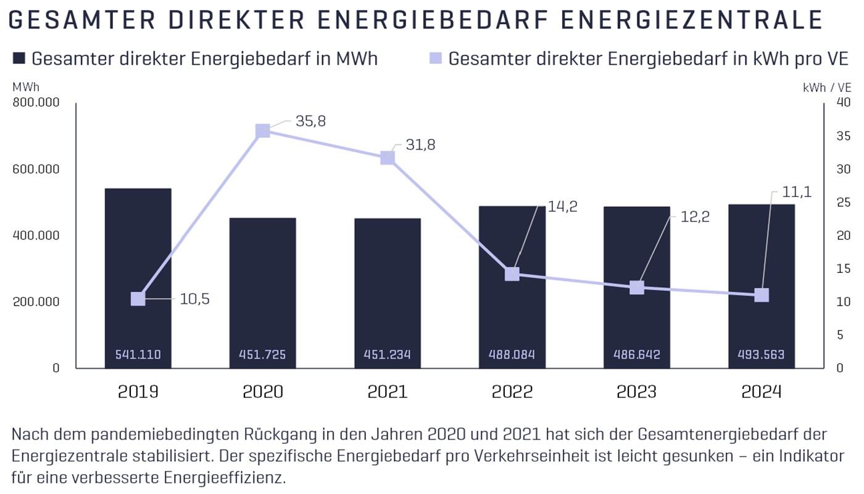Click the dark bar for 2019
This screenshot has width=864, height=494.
[x=138, y=247]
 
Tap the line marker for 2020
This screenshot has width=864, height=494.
[x=263, y=131]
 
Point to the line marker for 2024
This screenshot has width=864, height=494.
[x=762, y=295]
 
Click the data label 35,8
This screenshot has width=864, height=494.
[x=310, y=121]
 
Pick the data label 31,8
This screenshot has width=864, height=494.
[x=420, y=145]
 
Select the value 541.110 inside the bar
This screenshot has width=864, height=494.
[x=138, y=354]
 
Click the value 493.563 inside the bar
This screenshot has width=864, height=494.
[x=761, y=354]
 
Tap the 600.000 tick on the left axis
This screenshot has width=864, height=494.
[x=36, y=169]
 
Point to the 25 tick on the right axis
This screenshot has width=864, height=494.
[x=843, y=203]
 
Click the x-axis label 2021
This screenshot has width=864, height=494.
[x=387, y=392]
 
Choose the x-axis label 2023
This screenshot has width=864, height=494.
[x=636, y=392]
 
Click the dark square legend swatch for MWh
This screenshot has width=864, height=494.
[x=19, y=59]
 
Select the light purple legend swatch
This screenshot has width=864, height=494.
[x=436, y=59]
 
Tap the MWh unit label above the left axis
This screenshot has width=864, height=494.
[x=25, y=88]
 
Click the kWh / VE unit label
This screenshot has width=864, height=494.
[x=826, y=88]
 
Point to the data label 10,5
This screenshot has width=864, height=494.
[x=194, y=299]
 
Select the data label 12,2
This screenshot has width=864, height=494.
[x=695, y=217]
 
